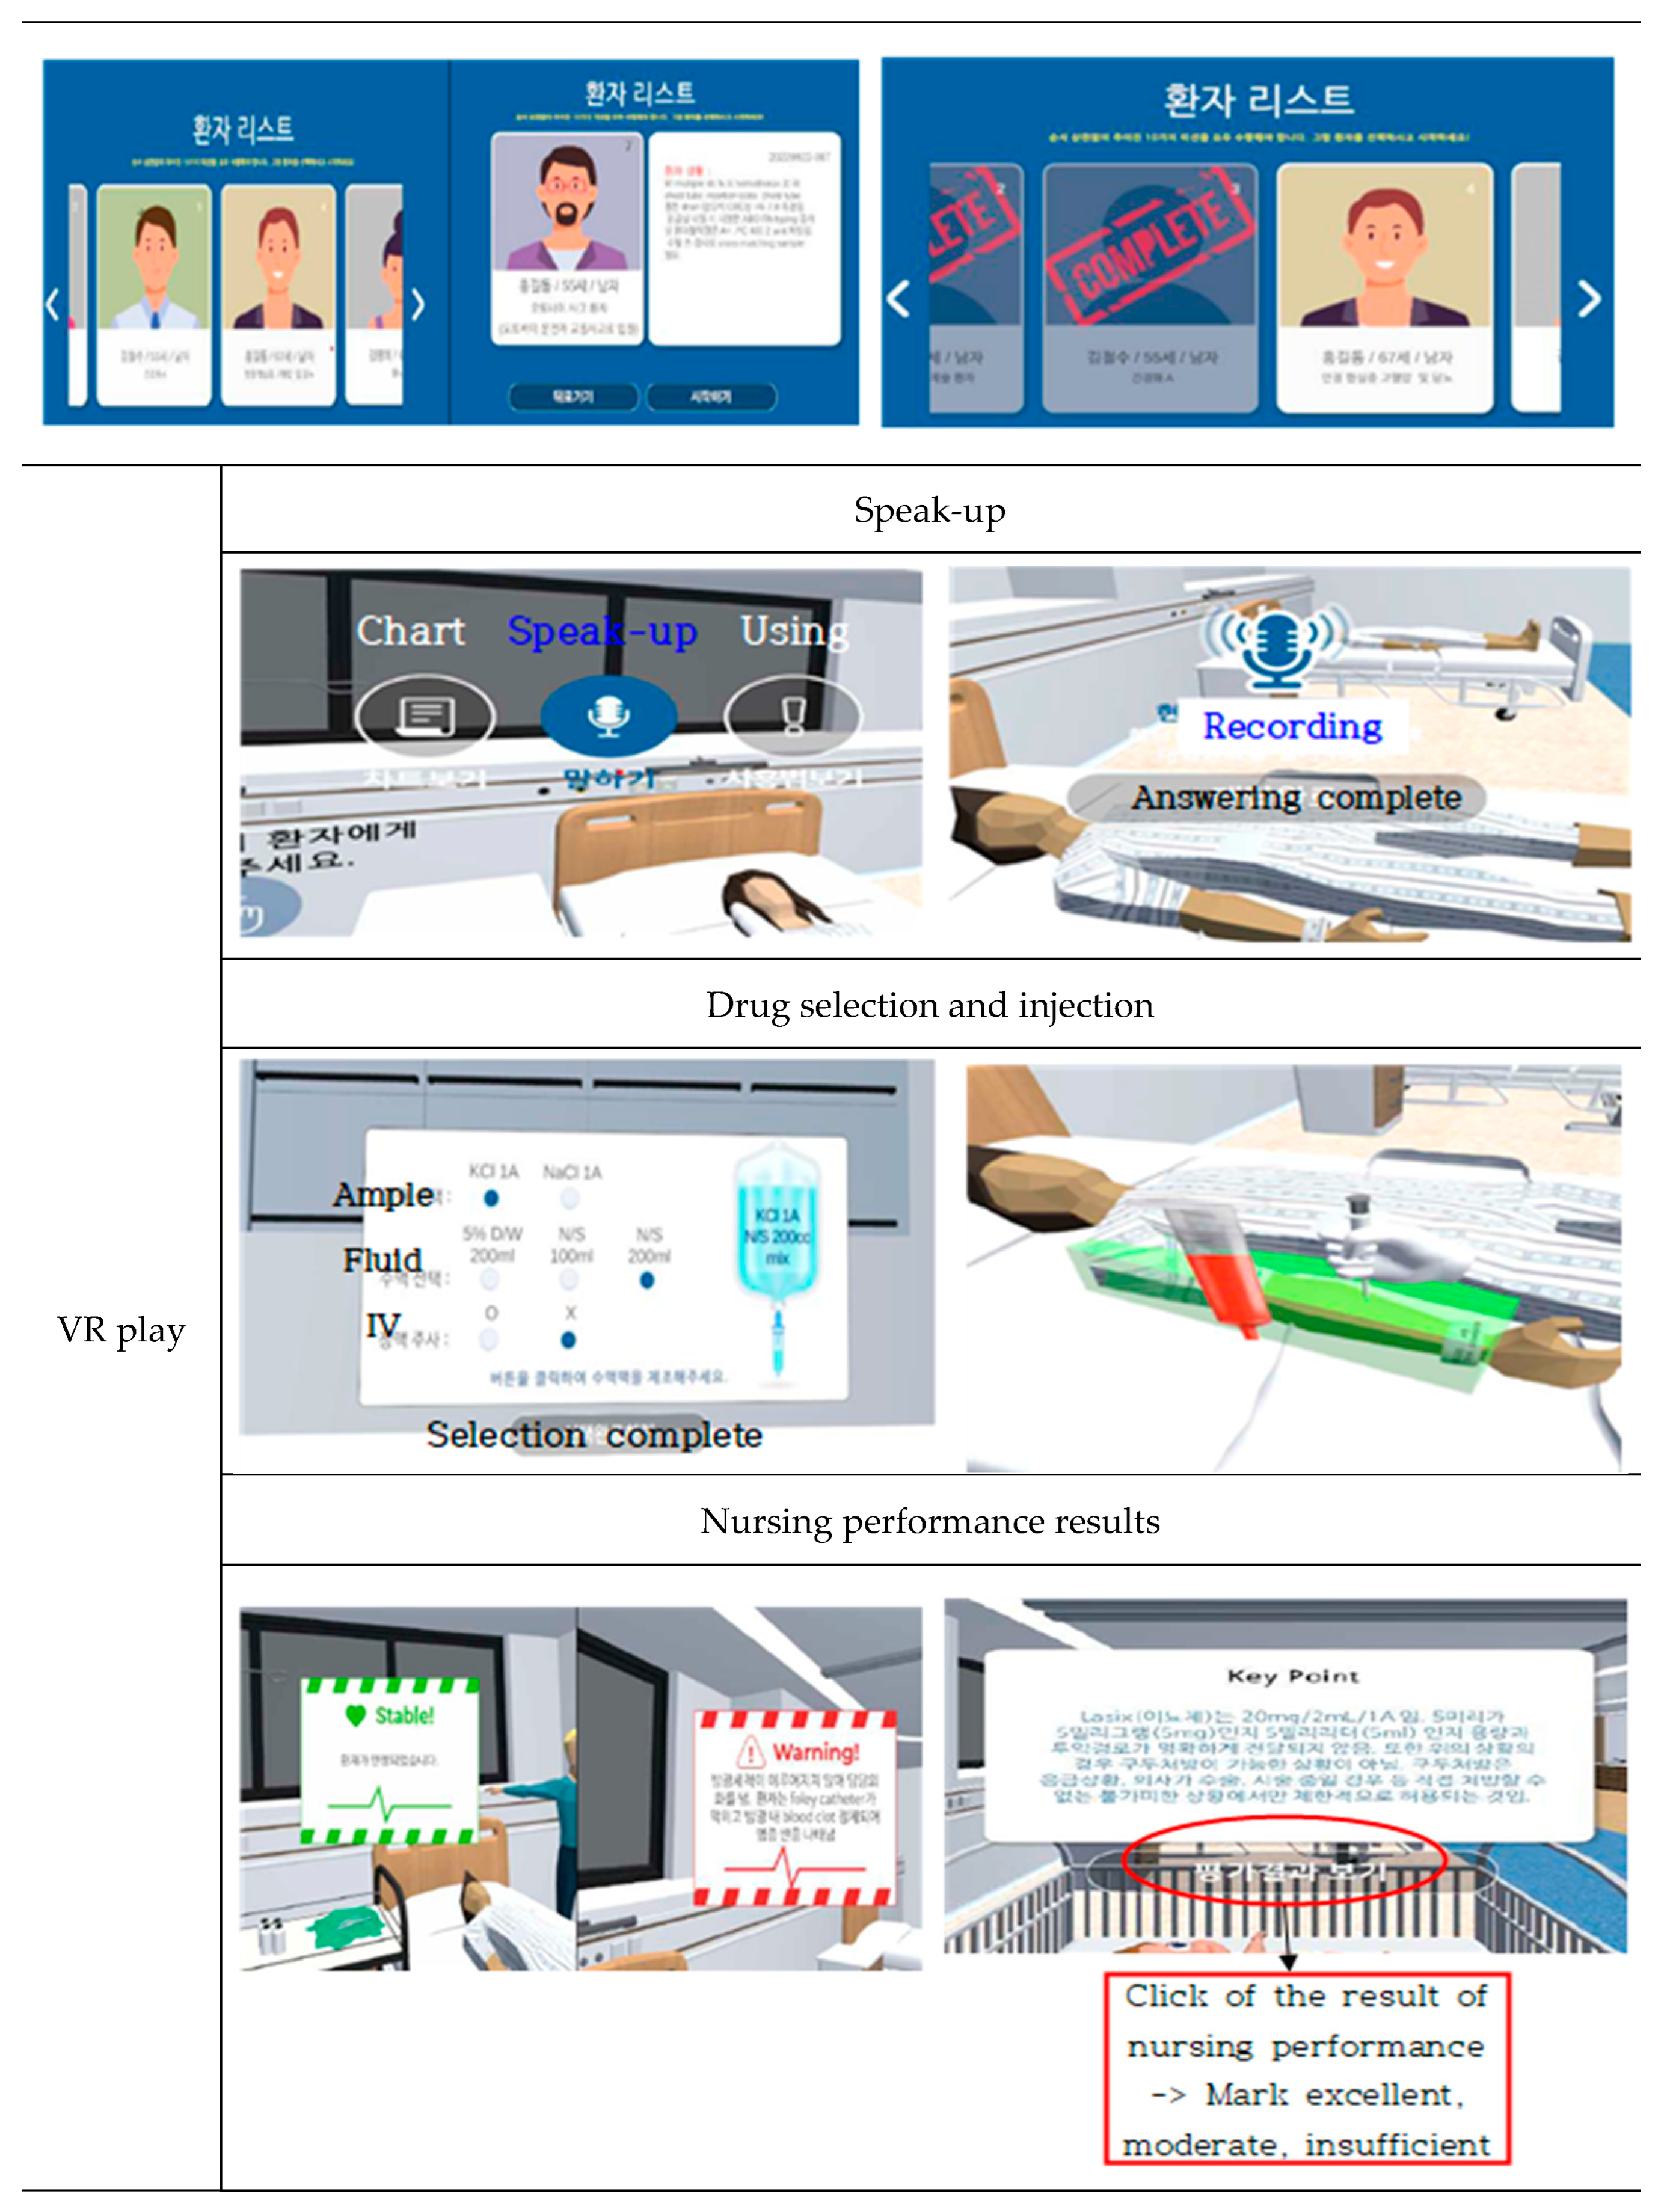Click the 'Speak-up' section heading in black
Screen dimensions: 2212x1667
[929, 511]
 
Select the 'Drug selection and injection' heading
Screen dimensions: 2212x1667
[929, 1005]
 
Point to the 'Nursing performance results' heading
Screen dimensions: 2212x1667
[929, 1521]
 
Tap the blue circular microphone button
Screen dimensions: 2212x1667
[608, 715]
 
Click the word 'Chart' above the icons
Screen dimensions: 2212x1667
[411, 631]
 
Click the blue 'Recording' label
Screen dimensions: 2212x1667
[1292, 726]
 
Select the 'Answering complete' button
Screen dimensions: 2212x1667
[1296, 797]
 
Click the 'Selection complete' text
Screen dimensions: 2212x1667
[594, 1435]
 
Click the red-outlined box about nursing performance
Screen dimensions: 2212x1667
[1306, 2068]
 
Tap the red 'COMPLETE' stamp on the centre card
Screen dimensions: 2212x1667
[1149, 245]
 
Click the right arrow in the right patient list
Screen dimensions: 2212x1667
[1588, 298]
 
